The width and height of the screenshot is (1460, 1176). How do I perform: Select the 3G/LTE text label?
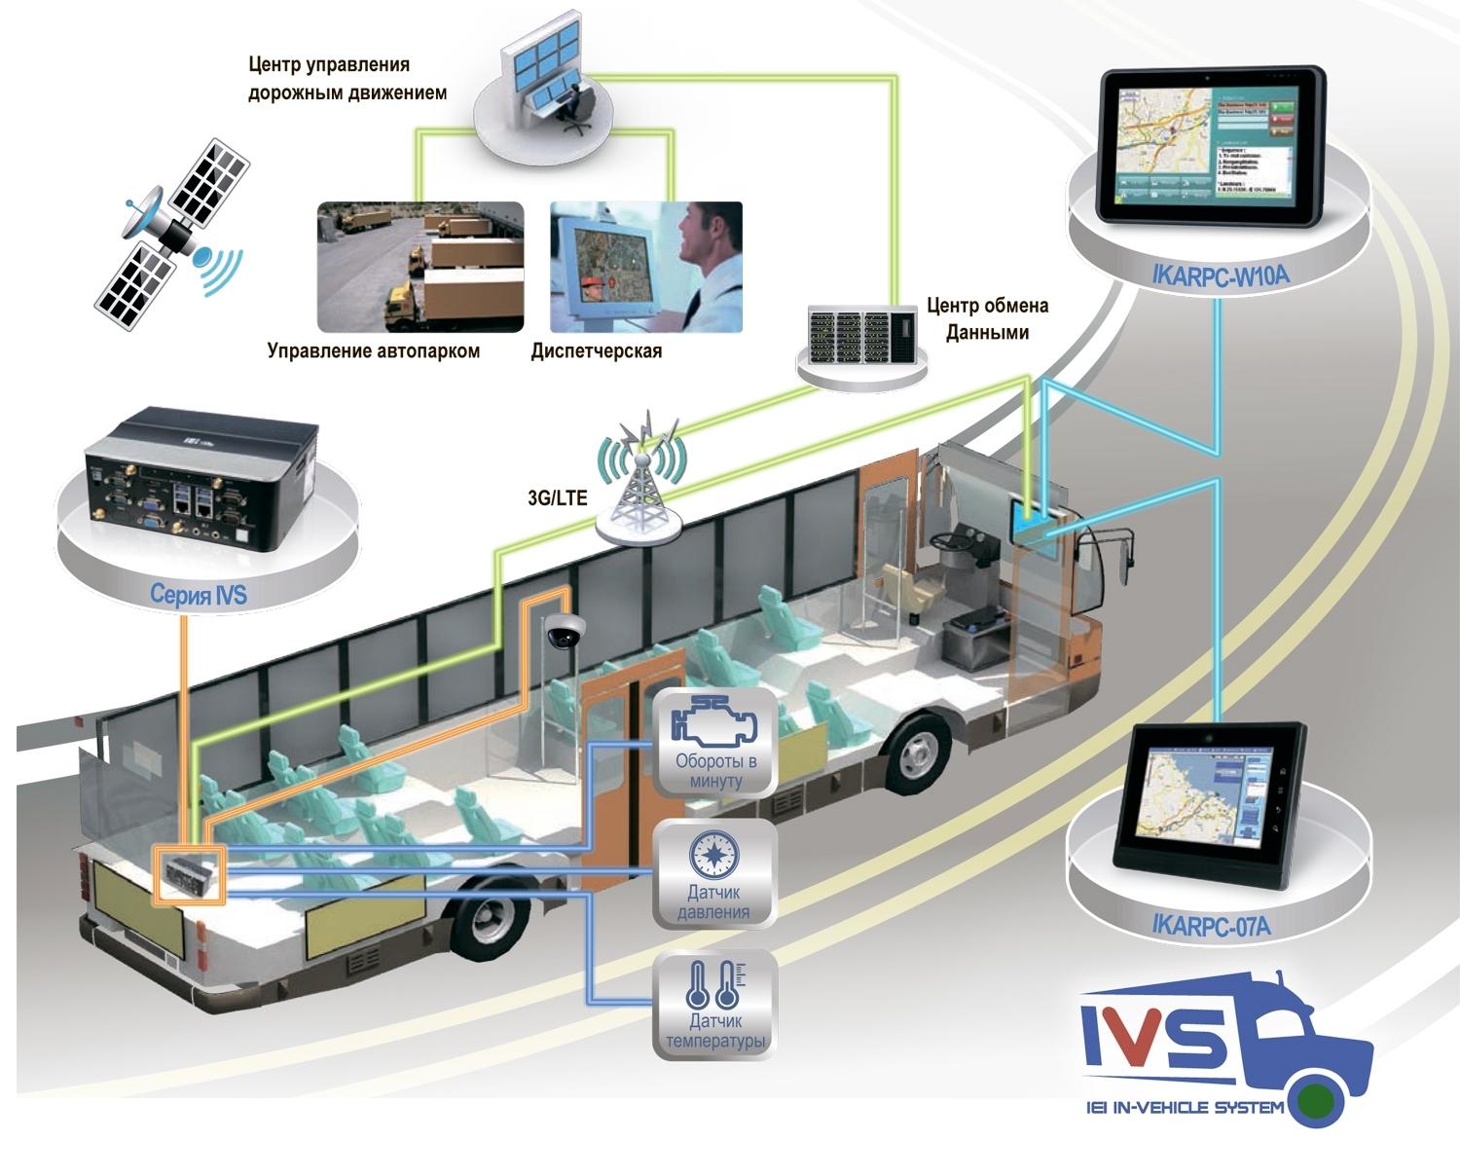(557, 497)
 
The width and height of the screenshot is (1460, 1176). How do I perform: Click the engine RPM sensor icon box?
(715, 742)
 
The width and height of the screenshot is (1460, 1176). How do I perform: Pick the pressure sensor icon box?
(715, 872)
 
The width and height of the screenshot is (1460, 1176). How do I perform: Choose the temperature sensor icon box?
(715, 1005)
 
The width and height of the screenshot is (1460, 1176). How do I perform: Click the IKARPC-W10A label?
(1220, 276)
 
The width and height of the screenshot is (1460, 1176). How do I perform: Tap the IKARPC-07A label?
(1211, 926)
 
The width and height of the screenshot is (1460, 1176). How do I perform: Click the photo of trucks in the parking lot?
(420, 267)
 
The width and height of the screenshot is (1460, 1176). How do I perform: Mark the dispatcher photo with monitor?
(645, 267)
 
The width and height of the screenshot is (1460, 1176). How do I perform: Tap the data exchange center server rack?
(862, 336)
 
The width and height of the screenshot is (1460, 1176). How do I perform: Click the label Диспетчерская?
(596, 351)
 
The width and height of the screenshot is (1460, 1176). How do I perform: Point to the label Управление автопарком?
(373, 351)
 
